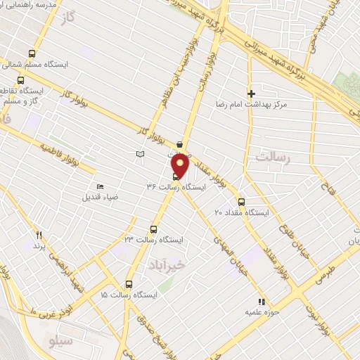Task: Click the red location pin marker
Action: (x=181, y=165)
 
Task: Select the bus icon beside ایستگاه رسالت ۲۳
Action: (x=154, y=229)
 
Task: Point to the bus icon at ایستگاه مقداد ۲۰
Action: (x=241, y=201)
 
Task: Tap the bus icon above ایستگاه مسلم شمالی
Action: (x=32, y=53)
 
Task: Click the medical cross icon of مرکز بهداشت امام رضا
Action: (x=251, y=93)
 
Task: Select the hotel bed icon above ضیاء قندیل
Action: (x=100, y=186)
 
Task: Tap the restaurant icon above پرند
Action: (x=39, y=236)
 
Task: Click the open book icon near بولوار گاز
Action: (x=139, y=154)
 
